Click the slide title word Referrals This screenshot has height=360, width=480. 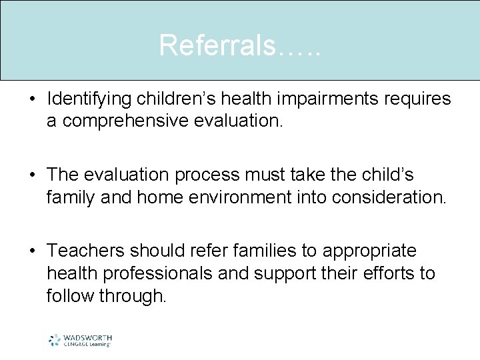pyautogui.click(x=227, y=45)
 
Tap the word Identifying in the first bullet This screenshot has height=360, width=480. pyautogui.click(x=89, y=99)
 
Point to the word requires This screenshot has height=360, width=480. pyautogui.click(x=418, y=99)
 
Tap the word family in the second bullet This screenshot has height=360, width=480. pyautogui.click(x=70, y=197)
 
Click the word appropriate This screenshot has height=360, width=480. pyautogui.click(x=369, y=251)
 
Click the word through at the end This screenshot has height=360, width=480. pyautogui.click(x=133, y=296)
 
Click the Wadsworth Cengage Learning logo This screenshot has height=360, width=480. pyautogui.click(x=80, y=340)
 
